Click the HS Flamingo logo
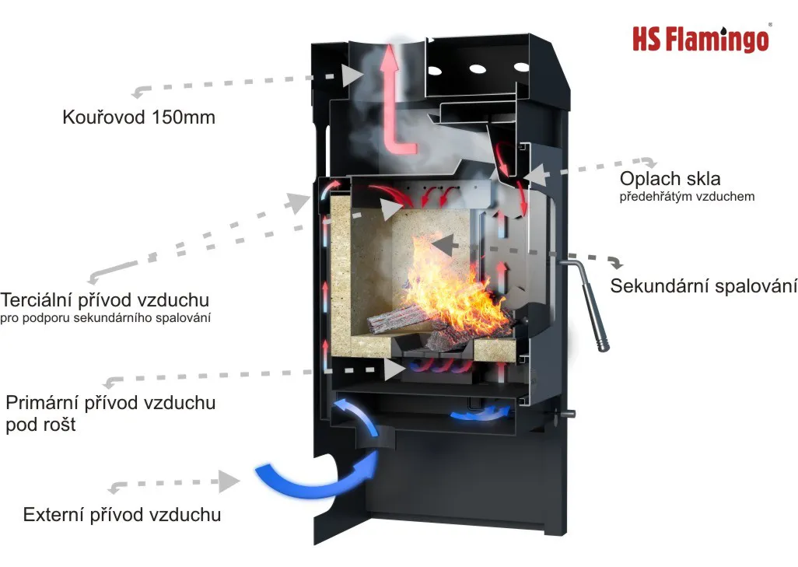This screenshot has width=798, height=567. pos(701,38)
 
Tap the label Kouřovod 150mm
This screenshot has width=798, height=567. pos(138,118)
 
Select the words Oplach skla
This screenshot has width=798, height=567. pos(670,179)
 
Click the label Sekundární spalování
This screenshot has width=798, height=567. pos(703,285)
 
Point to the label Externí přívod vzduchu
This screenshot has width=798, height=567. pos(122,514)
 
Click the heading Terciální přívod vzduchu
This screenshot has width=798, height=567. pos(105,300)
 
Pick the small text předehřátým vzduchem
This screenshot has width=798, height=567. pos(687,197)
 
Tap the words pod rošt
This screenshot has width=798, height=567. pos(40,425)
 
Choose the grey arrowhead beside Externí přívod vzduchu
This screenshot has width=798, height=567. pos(228,481)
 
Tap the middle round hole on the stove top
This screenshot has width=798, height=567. pos(477,68)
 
